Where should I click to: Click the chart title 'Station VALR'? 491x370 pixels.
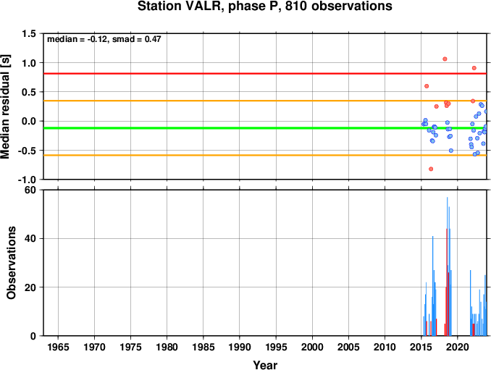tap(180, 7)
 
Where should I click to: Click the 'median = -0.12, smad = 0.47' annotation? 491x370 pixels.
tap(104, 39)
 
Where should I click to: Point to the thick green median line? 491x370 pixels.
tap(265, 128)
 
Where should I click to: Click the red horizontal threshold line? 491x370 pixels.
tap(265, 74)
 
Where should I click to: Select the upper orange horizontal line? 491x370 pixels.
tap(265, 101)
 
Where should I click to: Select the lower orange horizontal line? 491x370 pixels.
tap(265, 155)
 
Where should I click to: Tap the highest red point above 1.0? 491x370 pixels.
tap(445, 59)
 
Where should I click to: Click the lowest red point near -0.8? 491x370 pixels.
tap(431, 169)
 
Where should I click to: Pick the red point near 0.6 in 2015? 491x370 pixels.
tap(427, 86)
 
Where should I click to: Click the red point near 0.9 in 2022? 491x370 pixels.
tap(474, 68)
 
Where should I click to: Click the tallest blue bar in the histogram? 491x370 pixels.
tap(447, 266)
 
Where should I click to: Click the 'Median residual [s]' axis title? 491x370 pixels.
tap(5, 107)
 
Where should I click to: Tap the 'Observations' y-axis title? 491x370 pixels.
tap(11, 263)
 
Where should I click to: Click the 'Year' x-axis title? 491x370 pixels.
tap(265, 365)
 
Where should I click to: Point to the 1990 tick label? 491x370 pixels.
tap(240, 347)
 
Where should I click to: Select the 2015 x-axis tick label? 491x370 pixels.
tap(421, 347)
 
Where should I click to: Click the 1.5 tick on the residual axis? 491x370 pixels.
tap(29, 33)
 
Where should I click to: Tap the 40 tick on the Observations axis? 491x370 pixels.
tap(30, 238)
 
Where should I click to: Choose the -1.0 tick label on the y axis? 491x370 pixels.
tap(27, 180)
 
